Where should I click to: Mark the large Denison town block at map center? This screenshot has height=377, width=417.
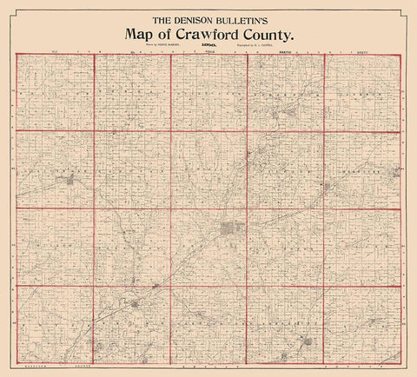pos(229,231)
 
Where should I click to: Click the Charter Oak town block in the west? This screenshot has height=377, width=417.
pos(69,181)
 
